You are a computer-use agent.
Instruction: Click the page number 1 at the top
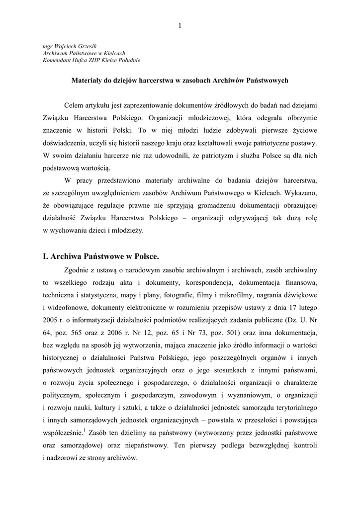pos(180,26)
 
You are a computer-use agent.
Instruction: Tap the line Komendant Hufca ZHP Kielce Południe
pos(92,60)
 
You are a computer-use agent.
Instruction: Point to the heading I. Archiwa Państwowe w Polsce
pos(100,256)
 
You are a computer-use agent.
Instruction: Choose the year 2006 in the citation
pos(133,331)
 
